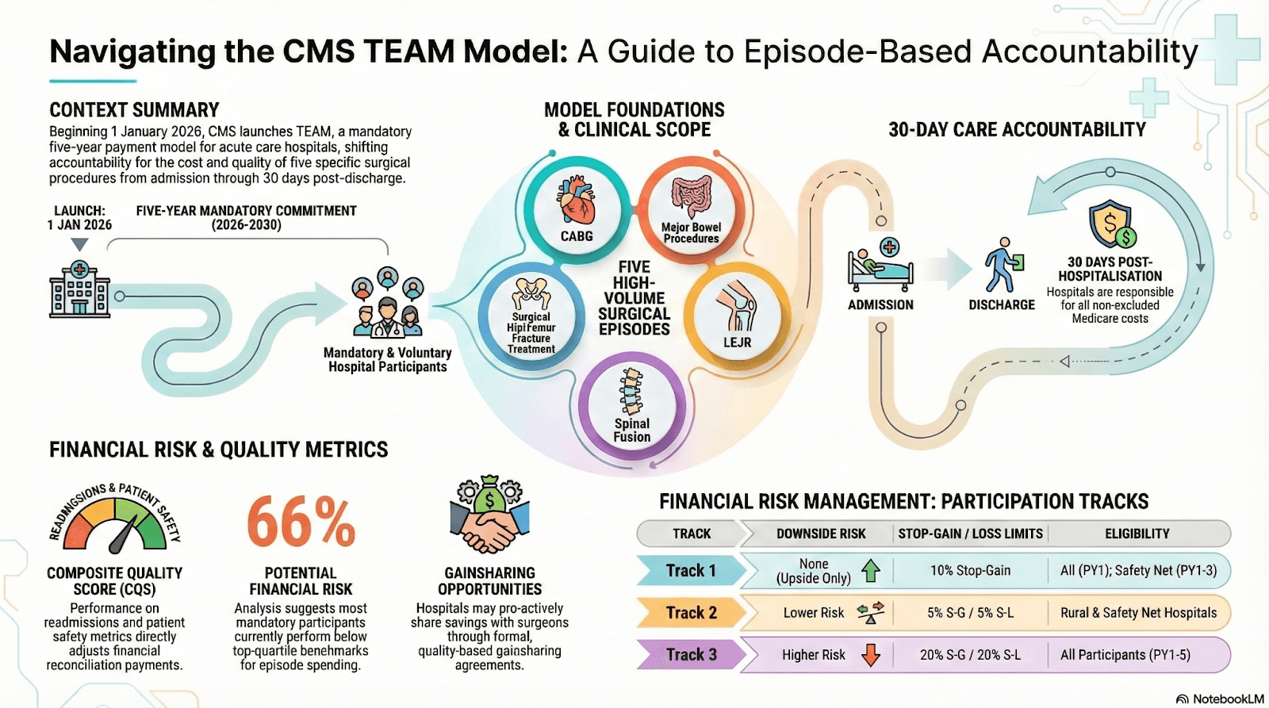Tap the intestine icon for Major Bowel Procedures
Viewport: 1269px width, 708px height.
click(x=692, y=196)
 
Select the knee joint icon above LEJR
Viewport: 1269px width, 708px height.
click(x=737, y=305)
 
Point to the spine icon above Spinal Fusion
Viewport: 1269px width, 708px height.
click(x=631, y=391)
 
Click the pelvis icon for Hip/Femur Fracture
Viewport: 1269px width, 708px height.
click(x=531, y=293)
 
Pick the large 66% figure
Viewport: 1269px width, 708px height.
click(x=301, y=522)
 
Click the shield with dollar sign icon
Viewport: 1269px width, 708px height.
click(x=1111, y=224)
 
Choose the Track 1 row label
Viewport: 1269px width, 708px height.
click(x=691, y=571)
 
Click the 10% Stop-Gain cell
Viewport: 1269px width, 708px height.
click(x=970, y=571)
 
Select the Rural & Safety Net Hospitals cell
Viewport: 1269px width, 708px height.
click(x=1138, y=613)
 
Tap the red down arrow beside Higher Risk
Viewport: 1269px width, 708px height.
click(x=871, y=655)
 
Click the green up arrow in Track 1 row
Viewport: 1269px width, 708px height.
click(x=871, y=571)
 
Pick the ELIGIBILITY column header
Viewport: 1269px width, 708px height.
click(x=1137, y=534)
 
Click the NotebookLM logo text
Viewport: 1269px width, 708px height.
click(x=1227, y=698)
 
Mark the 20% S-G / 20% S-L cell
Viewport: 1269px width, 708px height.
click(x=970, y=655)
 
